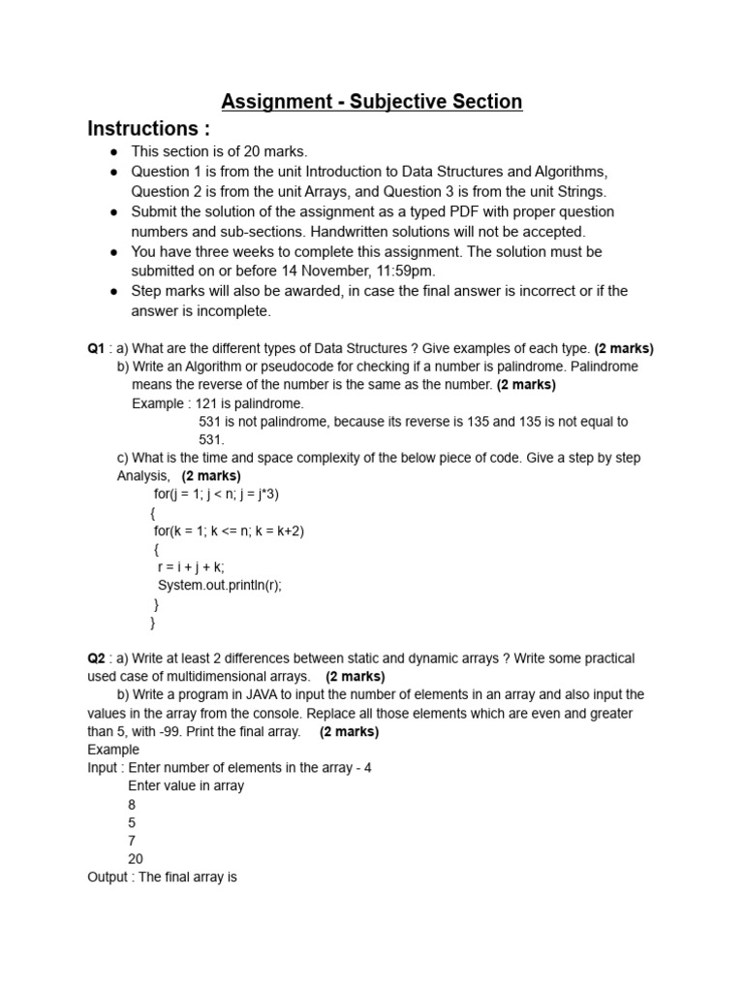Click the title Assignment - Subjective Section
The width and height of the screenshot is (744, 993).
372,101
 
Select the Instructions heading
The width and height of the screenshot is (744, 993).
148,129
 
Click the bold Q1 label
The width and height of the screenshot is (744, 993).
96,348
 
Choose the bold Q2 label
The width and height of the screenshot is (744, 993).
96,658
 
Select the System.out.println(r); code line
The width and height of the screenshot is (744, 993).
219,586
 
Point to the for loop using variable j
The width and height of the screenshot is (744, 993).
216,494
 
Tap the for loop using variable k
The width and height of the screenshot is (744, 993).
229,530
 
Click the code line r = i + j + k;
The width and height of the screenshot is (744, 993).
190,567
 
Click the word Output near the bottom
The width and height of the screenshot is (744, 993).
108,877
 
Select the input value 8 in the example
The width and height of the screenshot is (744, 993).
132,804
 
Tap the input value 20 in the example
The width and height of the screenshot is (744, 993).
136,859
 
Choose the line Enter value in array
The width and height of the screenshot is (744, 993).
186,785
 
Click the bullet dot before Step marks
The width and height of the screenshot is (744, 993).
113,292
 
